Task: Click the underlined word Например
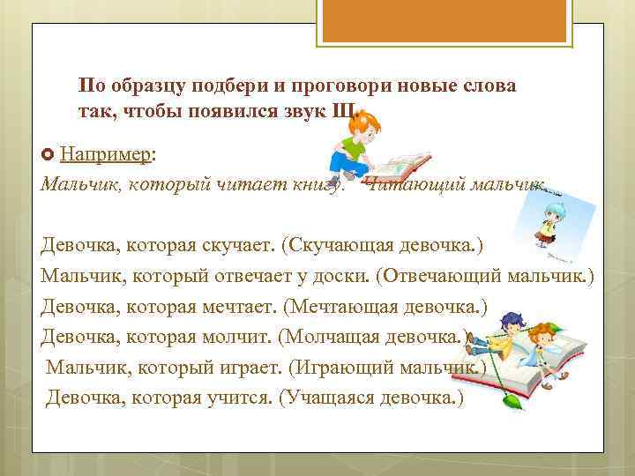click(x=106, y=155)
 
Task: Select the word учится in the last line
click(x=240, y=398)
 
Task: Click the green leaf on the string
click(x=509, y=402)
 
